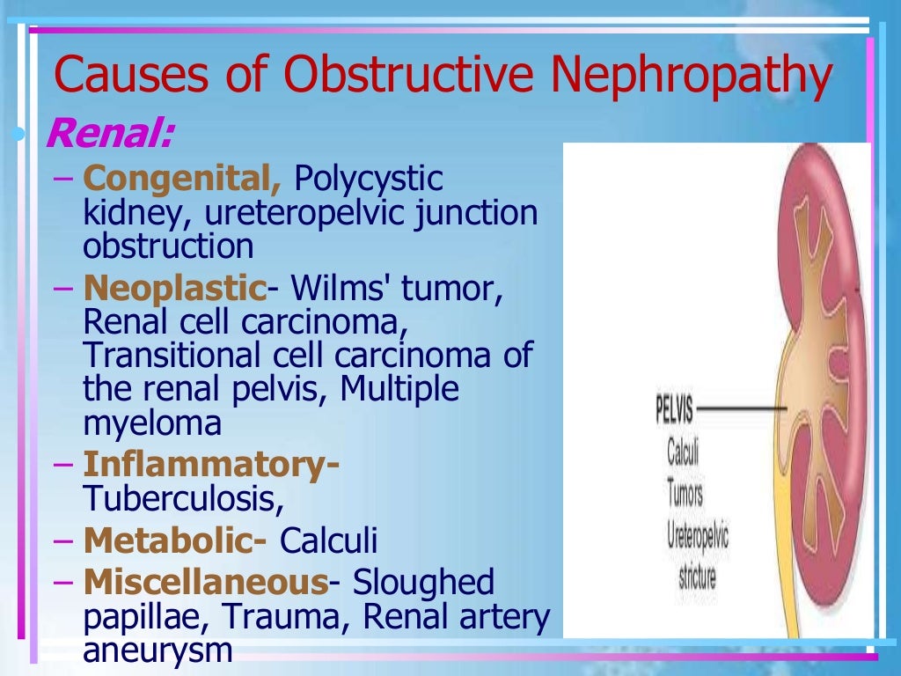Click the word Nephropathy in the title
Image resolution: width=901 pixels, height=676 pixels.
[691, 76]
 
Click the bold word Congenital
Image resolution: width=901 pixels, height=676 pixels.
[182, 179]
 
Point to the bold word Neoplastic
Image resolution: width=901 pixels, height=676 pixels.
[174, 288]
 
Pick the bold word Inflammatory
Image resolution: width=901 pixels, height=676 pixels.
[210, 464]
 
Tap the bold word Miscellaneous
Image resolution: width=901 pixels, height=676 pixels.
[205, 582]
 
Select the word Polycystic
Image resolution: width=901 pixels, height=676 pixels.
[368, 180]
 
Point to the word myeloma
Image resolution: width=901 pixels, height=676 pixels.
[152, 424]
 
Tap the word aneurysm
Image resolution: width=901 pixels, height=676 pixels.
[158, 651]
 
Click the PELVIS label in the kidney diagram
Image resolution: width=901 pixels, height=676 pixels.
[674, 409]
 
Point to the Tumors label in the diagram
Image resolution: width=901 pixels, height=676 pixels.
[685, 494]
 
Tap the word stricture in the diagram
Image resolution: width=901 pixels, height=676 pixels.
[697, 577]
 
